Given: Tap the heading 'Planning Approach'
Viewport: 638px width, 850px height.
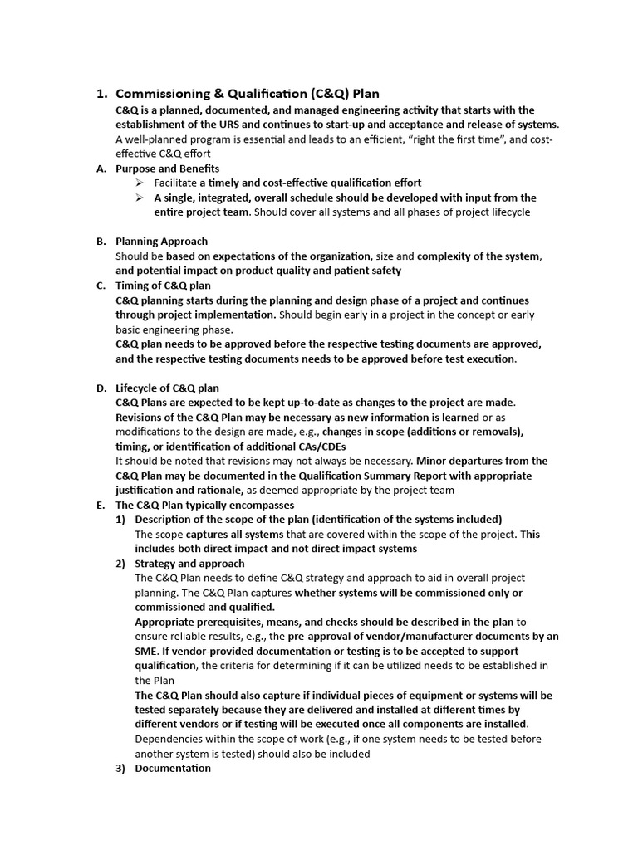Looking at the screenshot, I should (161, 242).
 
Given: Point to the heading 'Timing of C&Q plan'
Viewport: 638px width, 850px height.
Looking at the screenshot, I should (163, 286).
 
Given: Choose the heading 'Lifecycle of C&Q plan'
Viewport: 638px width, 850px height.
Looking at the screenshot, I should (167, 388).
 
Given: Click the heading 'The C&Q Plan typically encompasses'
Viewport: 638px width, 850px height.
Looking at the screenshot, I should (204, 505).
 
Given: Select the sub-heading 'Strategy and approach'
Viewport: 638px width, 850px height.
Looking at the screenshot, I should (189, 564).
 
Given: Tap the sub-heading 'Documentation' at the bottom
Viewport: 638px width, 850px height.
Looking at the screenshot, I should (173, 769).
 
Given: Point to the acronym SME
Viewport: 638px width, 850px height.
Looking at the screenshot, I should (145, 652).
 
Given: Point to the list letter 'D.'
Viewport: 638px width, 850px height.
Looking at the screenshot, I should (101, 388).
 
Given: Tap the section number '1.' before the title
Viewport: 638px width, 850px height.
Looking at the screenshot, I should (104, 94).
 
